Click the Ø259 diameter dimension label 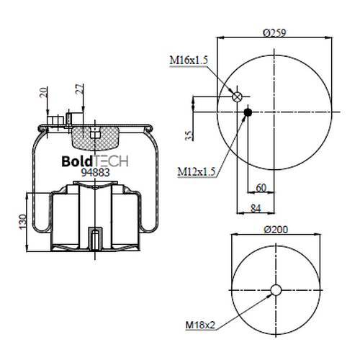pyautogui.click(x=274, y=32)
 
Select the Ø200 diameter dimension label pyautogui.click(x=276, y=230)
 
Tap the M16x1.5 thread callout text pyautogui.click(x=189, y=60)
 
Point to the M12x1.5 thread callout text pyautogui.click(x=197, y=171)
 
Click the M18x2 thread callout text pyautogui.click(x=200, y=325)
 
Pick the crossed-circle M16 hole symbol pyautogui.click(x=237, y=96)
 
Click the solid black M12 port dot pyautogui.click(x=248, y=112)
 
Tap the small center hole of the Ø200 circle pyautogui.click(x=276, y=290)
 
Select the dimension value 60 pyautogui.click(x=261, y=188)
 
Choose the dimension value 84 pyautogui.click(x=256, y=208)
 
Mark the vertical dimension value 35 pyautogui.click(x=189, y=135)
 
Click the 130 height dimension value pyautogui.click(x=22, y=222)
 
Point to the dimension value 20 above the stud pyautogui.click(x=43, y=93)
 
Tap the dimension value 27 pyautogui.click(x=80, y=89)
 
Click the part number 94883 pyautogui.click(x=96, y=172)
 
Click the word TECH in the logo pyautogui.click(x=110, y=161)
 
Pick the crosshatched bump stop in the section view pyautogui.click(x=96, y=138)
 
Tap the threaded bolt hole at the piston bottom pyautogui.click(x=95, y=238)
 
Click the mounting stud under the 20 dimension pyautogui.click(x=55, y=121)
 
